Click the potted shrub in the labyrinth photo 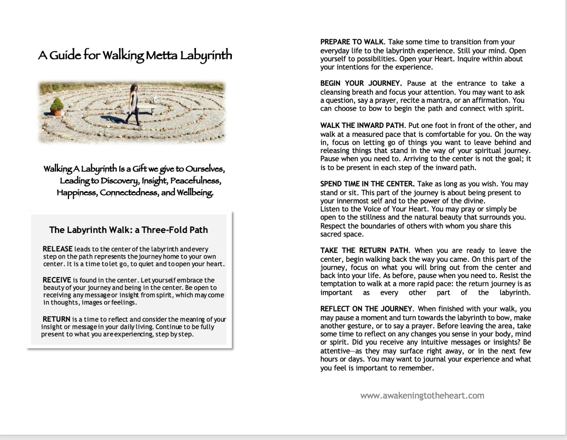pos(57,107)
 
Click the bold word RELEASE pos(57,249)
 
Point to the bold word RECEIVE pos(57,280)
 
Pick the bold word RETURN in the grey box pos(56,319)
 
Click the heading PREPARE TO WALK pos(352,42)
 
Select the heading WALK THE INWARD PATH pos(362,125)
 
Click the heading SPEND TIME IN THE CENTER pos(367,184)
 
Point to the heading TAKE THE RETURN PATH pos(364,250)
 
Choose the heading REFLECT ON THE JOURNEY pos(366,309)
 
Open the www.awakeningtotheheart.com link pos(422,396)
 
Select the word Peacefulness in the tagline pos(195,181)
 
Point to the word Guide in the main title pos(65,56)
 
